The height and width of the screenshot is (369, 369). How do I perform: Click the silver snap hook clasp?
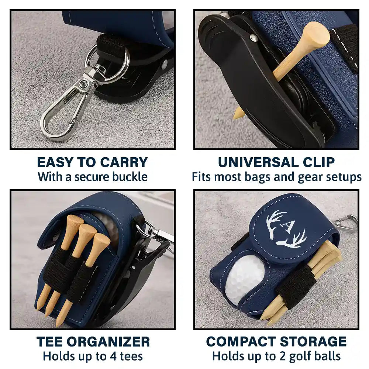(x=59, y=114)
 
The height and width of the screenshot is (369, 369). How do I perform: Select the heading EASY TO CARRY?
(x=92, y=162)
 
